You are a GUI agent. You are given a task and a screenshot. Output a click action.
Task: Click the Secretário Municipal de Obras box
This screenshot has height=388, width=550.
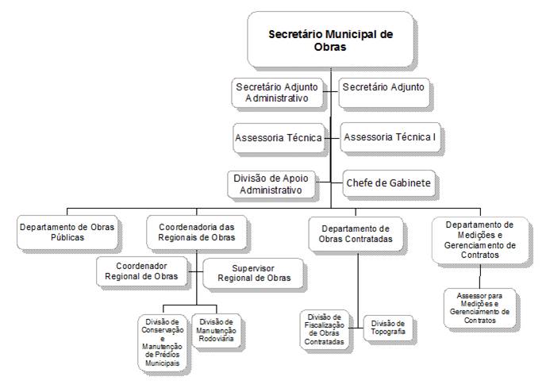[330, 40]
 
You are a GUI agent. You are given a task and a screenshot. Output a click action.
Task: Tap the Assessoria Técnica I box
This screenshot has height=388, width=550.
[390, 137]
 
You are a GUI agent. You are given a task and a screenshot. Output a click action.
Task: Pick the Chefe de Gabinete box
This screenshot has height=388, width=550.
[389, 183]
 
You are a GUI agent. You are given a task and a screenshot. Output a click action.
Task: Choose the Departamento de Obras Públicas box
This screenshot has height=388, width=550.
[66, 232]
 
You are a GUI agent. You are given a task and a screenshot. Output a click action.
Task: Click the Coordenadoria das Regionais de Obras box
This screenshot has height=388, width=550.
[197, 232]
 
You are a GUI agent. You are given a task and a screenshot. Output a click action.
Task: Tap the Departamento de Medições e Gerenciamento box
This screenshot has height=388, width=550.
[479, 240]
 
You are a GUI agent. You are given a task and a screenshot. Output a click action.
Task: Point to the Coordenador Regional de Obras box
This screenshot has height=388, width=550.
[143, 271]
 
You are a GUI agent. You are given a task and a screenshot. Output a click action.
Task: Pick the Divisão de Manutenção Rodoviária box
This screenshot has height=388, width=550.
[215, 329]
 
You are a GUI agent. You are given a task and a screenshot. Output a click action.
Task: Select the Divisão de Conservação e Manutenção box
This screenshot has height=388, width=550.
[163, 342]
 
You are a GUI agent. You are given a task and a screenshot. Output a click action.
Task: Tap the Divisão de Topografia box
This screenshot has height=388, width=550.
[388, 327]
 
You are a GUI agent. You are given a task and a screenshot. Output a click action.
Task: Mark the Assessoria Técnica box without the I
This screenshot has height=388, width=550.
[277, 138]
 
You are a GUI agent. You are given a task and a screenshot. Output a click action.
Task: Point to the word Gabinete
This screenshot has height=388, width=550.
[405, 183]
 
